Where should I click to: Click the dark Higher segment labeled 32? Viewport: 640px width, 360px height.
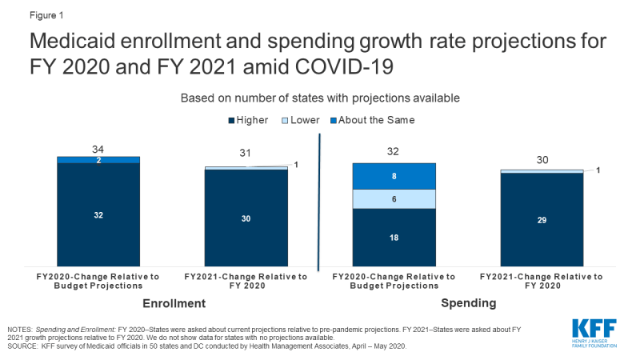tap(98, 214)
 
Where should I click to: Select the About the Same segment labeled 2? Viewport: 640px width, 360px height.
tap(98, 160)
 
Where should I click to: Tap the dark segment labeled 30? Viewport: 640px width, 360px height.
tap(246, 218)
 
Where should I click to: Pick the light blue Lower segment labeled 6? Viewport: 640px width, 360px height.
tap(394, 198)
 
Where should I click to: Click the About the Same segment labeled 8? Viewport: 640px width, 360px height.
tap(394, 176)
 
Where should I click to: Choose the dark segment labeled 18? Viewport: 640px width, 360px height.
tap(394, 238)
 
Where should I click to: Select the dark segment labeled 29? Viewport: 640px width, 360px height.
tap(542, 219)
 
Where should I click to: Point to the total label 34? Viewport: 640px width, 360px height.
tap(98, 148)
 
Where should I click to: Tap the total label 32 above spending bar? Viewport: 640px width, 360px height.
tap(394, 152)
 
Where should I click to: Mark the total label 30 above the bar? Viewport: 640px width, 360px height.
tap(542, 159)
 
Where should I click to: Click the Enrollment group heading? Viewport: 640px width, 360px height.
tap(174, 303)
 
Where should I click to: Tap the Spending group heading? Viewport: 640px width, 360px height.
tap(468, 303)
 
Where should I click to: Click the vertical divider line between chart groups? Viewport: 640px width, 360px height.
tap(320, 208)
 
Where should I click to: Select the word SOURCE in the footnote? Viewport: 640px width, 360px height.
tap(25, 346)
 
